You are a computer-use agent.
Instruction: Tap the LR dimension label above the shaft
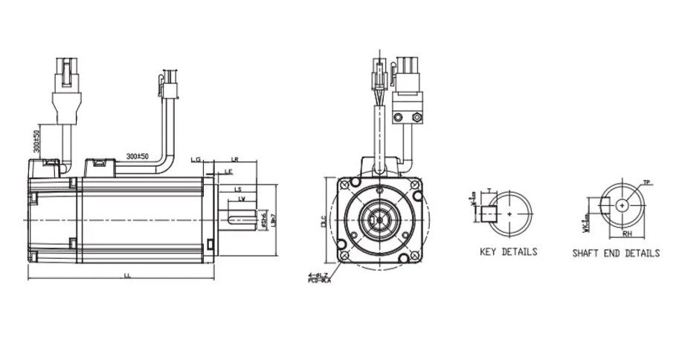(x=234, y=159)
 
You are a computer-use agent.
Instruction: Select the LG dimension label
(x=196, y=159)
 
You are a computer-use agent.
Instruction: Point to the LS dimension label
(x=238, y=190)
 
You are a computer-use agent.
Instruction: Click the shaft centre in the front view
(x=380, y=219)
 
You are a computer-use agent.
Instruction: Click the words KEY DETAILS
(x=508, y=252)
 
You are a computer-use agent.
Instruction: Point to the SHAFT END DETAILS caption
(x=615, y=253)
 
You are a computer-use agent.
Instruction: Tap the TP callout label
(x=646, y=182)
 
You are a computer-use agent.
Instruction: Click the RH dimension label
(x=627, y=233)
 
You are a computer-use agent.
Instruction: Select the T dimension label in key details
(x=488, y=190)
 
